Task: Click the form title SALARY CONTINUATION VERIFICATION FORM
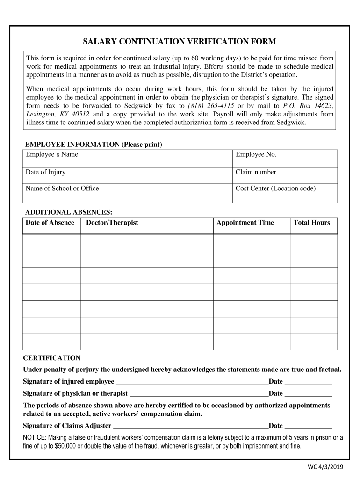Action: point(180,42)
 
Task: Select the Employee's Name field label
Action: point(52,155)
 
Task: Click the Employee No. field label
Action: point(256,155)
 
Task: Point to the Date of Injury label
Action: point(45,172)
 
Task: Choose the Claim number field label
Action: point(256,172)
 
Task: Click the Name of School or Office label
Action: point(62,189)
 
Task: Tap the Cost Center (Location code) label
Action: point(275,189)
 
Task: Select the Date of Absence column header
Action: point(50,223)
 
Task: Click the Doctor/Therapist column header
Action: point(112,223)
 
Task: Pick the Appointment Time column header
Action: point(245,223)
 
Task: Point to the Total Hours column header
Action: point(311,223)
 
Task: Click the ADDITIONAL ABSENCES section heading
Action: point(68,212)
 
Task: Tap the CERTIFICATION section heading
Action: point(52,358)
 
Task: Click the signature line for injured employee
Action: point(192,382)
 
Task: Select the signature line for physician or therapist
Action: point(199,394)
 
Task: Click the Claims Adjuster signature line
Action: point(190,426)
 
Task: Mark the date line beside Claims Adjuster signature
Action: point(308,426)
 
